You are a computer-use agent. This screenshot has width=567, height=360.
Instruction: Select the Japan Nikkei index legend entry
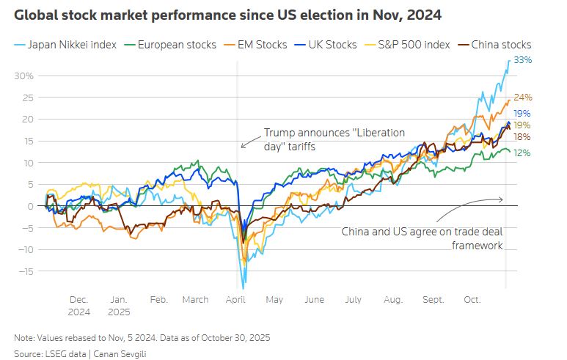click(72, 45)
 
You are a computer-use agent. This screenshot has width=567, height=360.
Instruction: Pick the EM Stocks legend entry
click(260, 45)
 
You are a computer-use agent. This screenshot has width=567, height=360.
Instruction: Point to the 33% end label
click(522, 61)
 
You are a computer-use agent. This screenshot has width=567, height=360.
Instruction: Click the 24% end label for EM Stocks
click(522, 97)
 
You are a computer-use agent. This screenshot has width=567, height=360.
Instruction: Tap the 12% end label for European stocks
click(522, 153)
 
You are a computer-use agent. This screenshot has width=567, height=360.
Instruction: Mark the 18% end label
click(522, 137)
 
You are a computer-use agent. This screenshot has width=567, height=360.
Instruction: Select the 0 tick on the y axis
click(32, 206)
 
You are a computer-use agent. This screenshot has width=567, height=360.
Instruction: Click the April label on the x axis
click(235, 300)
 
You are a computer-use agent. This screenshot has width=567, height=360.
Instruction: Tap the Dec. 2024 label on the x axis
click(78, 305)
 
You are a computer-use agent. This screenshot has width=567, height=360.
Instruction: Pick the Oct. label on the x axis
click(472, 300)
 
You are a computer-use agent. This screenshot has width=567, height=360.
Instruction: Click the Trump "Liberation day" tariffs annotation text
click(334, 139)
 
